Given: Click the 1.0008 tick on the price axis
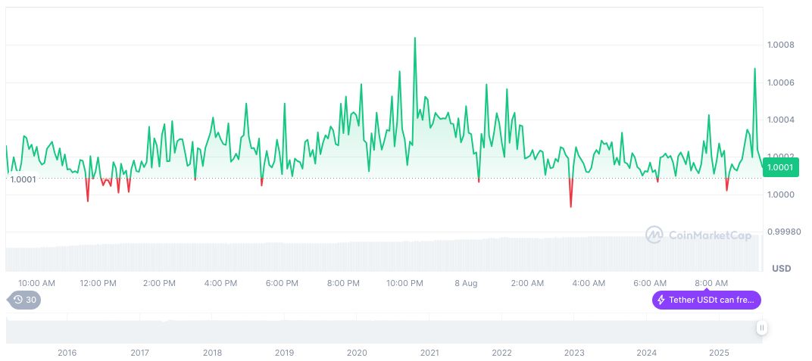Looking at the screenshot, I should pyautogui.click(x=781, y=45).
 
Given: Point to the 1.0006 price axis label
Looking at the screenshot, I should pyautogui.click(x=781, y=82).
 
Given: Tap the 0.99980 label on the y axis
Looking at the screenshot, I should pyautogui.click(x=783, y=232).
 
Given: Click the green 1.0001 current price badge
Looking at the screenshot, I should pyautogui.click(x=779, y=167).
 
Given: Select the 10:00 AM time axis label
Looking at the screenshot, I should pyautogui.click(x=36, y=283).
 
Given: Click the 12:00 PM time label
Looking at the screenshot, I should pyautogui.click(x=98, y=283).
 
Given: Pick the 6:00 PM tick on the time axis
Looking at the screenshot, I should pyautogui.click(x=282, y=283).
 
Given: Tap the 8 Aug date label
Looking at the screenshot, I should pyautogui.click(x=466, y=283).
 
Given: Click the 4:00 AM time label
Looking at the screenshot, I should pyautogui.click(x=589, y=283).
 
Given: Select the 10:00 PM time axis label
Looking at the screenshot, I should pyautogui.click(x=404, y=283).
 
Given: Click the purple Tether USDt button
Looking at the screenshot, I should pyautogui.click(x=706, y=300).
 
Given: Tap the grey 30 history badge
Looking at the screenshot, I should pyautogui.click(x=25, y=300).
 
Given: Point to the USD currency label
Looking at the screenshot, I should pyautogui.click(x=781, y=269).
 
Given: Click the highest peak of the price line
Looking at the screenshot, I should pyautogui.click(x=414, y=38).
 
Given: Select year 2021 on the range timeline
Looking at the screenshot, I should pyautogui.click(x=429, y=353).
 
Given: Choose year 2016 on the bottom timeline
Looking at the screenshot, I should pyautogui.click(x=67, y=353).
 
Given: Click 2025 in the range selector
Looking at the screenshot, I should pyautogui.click(x=719, y=353).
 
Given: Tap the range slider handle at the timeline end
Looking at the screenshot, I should pyautogui.click(x=761, y=328).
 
